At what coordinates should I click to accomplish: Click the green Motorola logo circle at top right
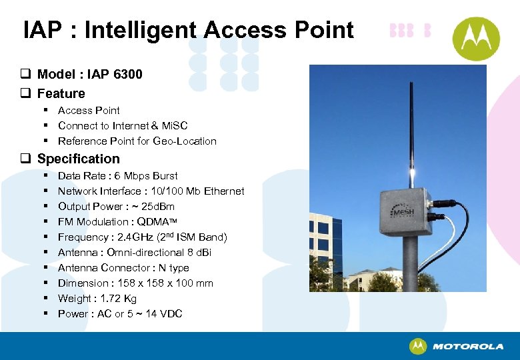pyautogui.click(x=476, y=38)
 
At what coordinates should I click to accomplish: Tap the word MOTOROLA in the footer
pyautogui.click(x=468, y=347)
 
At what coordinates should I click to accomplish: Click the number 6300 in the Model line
pyautogui.click(x=127, y=74)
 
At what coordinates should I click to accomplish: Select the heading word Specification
pyautogui.click(x=79, y=159)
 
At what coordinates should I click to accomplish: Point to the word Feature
pyautogui.click(x=61, y=93)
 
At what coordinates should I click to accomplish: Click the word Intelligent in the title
pyautogui.click(x=140, y=30)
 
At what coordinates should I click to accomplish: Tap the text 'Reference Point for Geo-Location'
pyautogui.click(x=137, y=141)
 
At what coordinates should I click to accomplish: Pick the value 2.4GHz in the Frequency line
pyautogui.click(x=135, y=237)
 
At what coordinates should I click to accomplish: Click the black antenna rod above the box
pyautogui.click(x=411, y=120)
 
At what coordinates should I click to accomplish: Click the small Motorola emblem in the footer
pyautogui.click(x=418, y=346)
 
